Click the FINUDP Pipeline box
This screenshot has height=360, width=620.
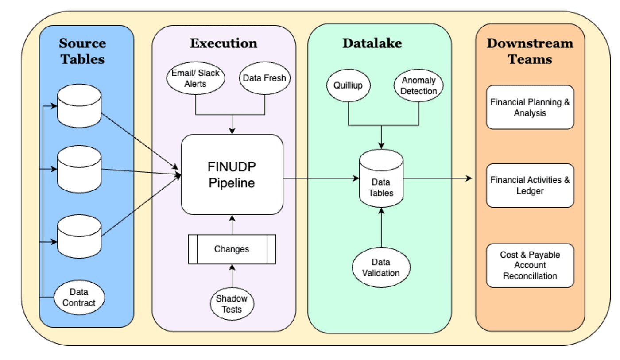tap(232, 174)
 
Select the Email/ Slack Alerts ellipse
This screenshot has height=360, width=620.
tap(195, 78)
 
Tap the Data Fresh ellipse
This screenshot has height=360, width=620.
tap(265, 78)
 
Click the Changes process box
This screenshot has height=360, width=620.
tap(232, 249)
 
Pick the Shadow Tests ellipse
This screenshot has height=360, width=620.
tap(232, 304)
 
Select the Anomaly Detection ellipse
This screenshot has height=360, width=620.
tap(418, 86)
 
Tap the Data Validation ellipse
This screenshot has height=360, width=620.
tap(381, 267)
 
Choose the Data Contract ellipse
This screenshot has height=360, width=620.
tap(79, 298)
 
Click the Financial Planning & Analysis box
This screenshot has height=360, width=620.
tap(530, 107)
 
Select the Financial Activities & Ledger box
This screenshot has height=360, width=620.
tap(530, 186)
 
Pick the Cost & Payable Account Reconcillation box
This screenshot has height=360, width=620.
tap(530, 265)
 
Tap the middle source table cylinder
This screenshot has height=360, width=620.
tap(80, 169)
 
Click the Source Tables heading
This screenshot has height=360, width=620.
tap(82, 51)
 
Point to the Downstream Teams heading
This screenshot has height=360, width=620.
tap(530, 51)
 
